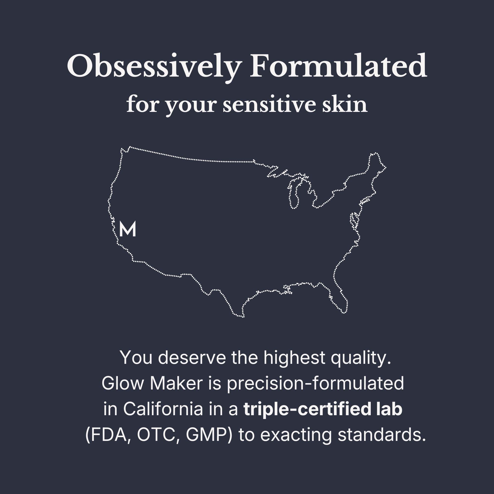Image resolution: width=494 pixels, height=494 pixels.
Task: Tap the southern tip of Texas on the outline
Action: pos(243,317)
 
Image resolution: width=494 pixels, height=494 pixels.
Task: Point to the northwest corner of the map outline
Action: pos(121,148)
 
